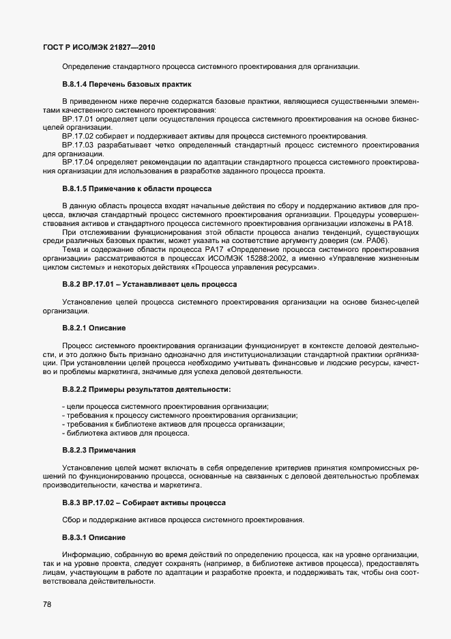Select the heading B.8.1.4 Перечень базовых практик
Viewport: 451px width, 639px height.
pyautogui.click(x=126, y=85)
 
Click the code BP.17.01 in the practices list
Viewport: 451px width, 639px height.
pyautogui.click(x=76, y=119)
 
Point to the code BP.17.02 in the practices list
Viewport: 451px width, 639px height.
pyautogui.click(x=76, y=137)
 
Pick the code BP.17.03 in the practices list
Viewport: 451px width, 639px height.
pyautogui.click(x=76, y=145)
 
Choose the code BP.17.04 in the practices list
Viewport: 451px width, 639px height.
pyautogui.click(x=76, y=162)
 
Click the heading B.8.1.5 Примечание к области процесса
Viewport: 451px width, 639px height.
pyautogui.click(x=137, y=188)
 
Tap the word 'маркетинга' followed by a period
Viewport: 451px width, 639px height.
pyautogui.click(x=179, y=486)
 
